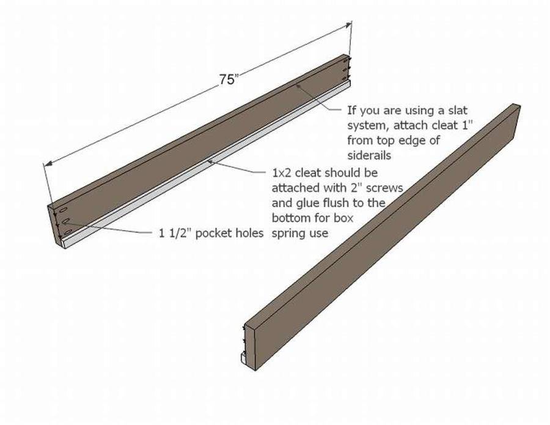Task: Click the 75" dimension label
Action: tap(229, 79)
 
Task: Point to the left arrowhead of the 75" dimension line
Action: tap(49, 163)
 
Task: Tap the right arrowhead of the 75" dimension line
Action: tap(347, 24)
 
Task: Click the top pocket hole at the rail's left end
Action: tap(64, 210)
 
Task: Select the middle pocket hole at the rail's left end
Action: tap(65, 221)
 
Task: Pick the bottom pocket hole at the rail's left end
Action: tap(68, 232)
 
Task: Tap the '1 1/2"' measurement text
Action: tap(175, 233)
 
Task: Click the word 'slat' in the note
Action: tap(458, 110)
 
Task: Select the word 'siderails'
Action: tap(369, 155)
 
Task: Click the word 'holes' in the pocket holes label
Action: tap(249, 233)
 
